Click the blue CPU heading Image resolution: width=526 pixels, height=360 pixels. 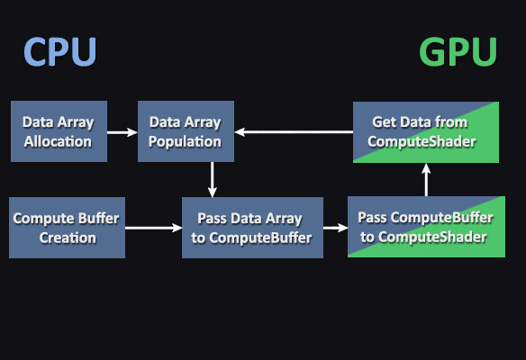59,51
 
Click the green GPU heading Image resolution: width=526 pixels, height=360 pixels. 458,51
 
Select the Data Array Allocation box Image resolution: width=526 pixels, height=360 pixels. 58,131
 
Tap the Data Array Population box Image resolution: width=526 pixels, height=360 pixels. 186,131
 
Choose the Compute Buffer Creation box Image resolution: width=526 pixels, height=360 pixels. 67,228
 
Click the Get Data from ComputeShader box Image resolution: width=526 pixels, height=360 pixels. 425,131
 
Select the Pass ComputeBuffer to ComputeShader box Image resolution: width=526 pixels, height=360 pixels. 422,228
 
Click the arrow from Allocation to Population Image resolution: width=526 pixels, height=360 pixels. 122,132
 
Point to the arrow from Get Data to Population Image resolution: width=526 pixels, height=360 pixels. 294,132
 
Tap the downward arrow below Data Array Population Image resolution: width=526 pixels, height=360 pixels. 211,179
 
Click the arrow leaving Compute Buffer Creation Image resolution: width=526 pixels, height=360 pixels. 153,228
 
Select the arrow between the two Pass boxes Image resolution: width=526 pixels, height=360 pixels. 335,228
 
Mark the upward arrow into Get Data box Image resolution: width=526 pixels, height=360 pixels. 427,182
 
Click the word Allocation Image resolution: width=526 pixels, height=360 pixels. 58,141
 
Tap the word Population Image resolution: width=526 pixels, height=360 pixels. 186,141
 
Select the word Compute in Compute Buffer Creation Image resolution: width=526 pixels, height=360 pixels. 41,219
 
